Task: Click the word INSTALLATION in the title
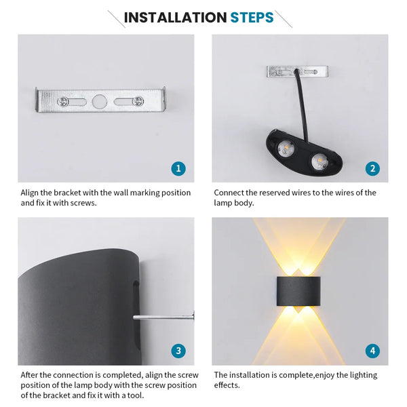pos(175,18)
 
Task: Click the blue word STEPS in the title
pos(252,18)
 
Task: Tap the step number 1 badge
pos(178,168)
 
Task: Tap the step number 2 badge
pos(372,168)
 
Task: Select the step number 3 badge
pos(178,351)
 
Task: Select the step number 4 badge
pos(372,351)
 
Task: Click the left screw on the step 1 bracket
pos(62,102)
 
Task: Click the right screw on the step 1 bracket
pos(138,102)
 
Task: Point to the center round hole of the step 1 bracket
pos(100,102)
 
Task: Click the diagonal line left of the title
pos(116,18)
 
